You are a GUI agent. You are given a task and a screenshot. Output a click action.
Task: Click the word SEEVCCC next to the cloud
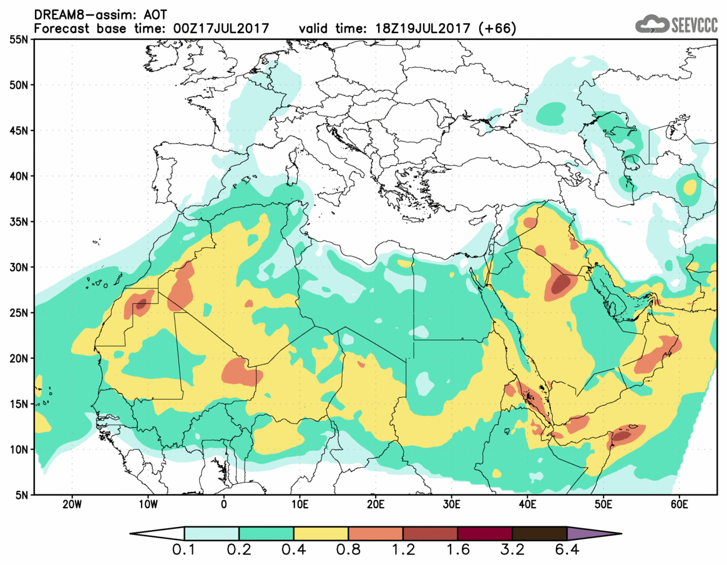pyautogui.click(x=695, y=24)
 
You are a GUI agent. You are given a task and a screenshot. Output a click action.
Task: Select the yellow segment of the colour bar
pyautogui.click(x=321, y=534)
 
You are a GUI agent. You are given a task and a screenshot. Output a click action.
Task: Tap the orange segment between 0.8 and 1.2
pyautogui.click(x=376, y=534)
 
